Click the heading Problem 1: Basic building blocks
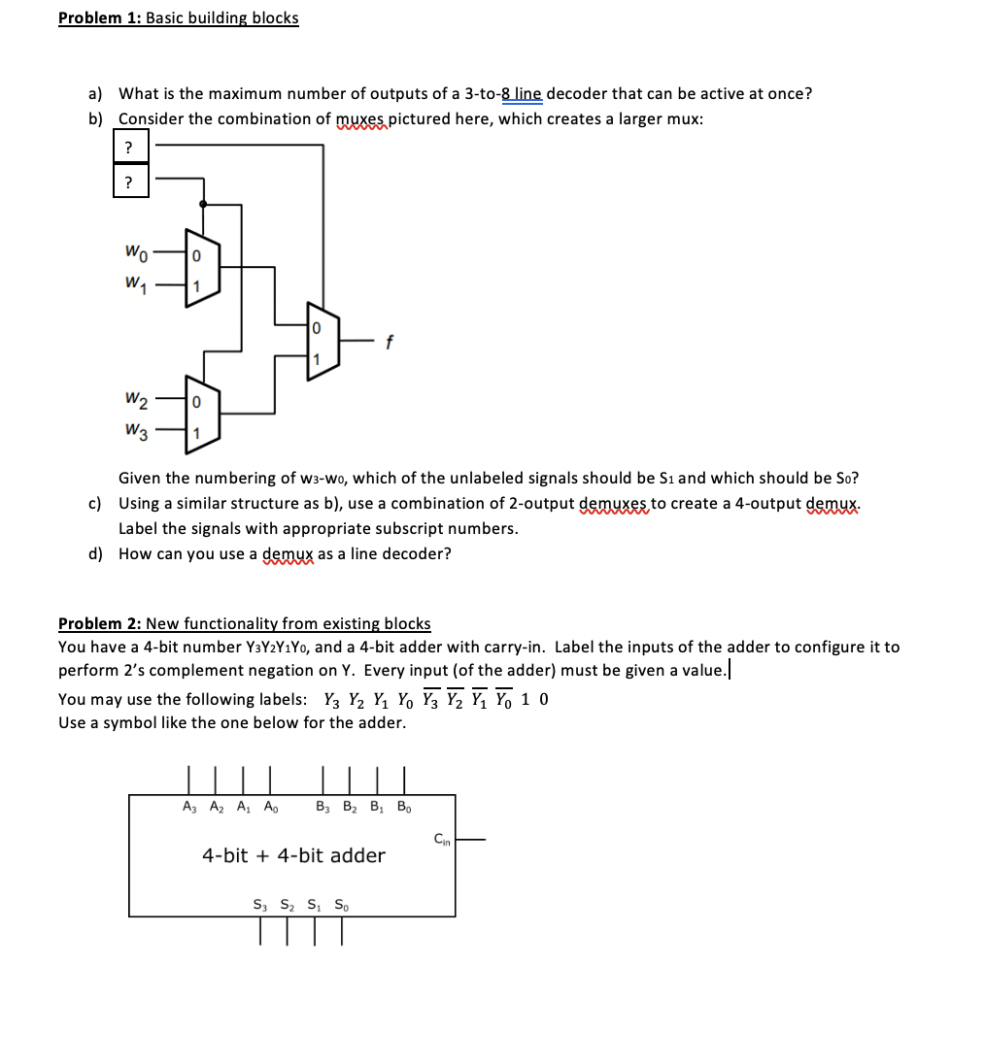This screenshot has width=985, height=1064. pyautogui.click(x=179, y=18)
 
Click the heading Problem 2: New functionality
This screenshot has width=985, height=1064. pyautogui.click(x=244, y=623)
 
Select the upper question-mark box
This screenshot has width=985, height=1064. pyautogui.click(x=130, y=147)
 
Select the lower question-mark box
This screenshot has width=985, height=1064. pyautogui.click(x=130, y=182)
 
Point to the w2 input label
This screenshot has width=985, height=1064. pyautogui.click(x=136, y=400)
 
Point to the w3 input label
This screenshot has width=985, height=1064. pyautogui.click(x=136, y=430)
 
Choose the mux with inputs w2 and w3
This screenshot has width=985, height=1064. pyautogui.click(x=202, y=416)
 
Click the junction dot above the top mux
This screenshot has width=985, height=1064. pyautogui.click(x=202, y=204)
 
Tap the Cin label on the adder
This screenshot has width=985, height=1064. pyautogui.click(x=441, y=838)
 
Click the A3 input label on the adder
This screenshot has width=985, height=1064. pyautogui.click(x=187, y=807)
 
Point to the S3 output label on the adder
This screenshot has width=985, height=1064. pyautogui.click(x=259, y=905)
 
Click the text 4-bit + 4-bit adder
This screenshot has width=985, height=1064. pyautogui.click(x=293, y=855)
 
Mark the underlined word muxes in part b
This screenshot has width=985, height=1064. pyautogui.click(x=360, y=119)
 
